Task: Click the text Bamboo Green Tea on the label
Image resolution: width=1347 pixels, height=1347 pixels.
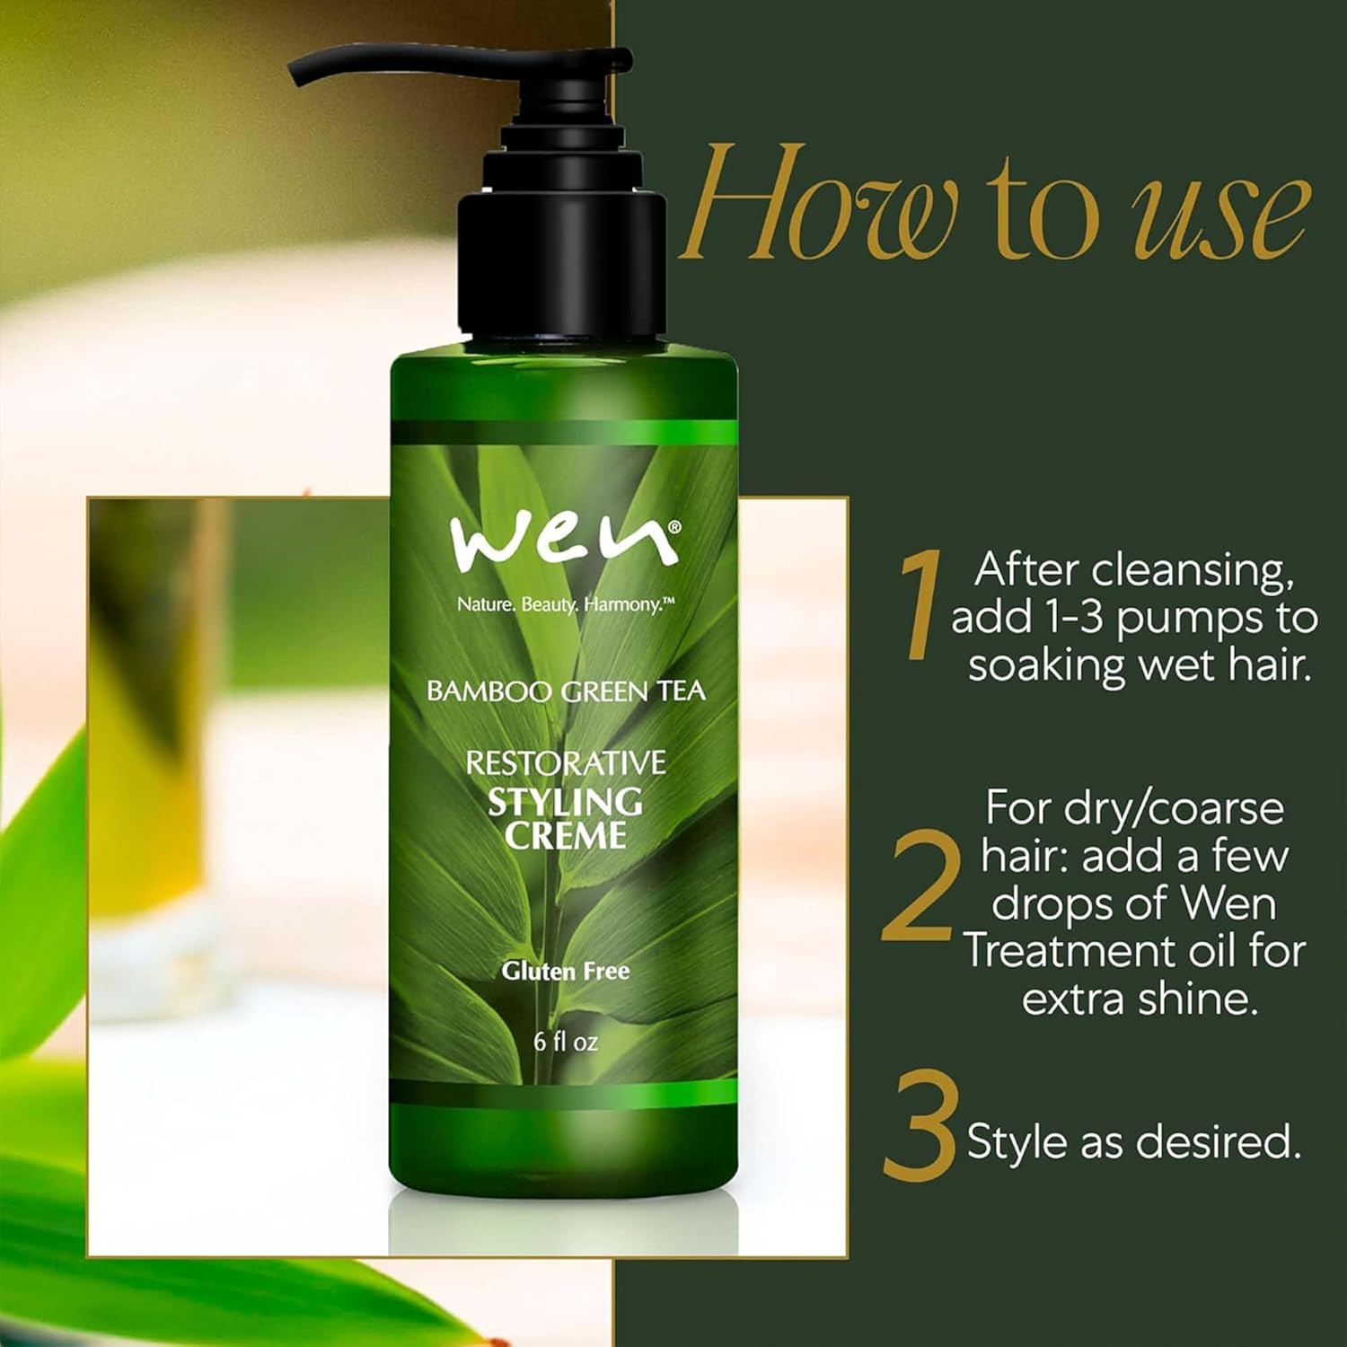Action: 566,691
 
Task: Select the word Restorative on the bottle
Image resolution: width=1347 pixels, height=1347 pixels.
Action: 566,763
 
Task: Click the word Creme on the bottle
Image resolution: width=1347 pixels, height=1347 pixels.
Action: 565,836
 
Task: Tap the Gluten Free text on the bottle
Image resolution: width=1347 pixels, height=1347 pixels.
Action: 566,971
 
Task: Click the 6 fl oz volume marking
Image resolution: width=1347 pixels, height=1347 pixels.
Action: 566,1042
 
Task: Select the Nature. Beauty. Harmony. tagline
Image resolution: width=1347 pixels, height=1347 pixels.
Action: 566,604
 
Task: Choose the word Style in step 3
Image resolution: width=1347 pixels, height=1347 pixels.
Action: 1018,1142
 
